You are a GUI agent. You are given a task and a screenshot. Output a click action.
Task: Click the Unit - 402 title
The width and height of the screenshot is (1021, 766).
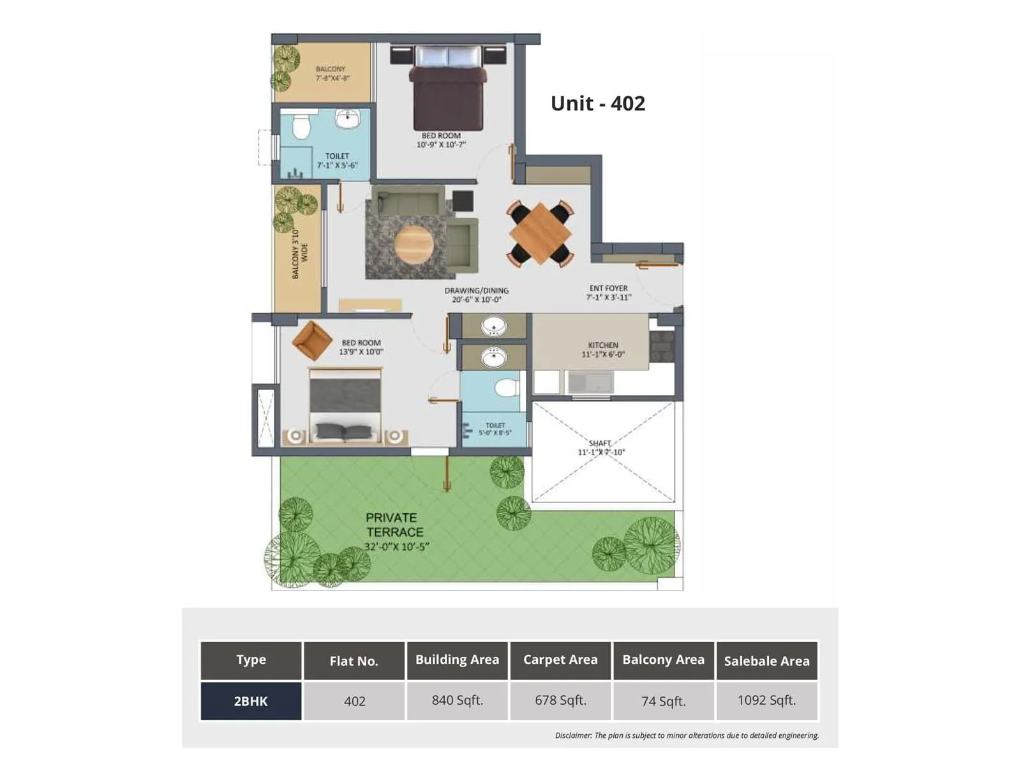point(597,103)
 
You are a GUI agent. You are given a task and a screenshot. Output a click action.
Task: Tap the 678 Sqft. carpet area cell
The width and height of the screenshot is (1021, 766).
point(560,700)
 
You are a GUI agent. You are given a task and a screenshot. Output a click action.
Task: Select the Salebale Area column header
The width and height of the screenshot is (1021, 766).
point(766,661)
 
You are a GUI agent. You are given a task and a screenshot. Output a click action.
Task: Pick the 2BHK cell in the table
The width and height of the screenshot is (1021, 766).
point(251,701)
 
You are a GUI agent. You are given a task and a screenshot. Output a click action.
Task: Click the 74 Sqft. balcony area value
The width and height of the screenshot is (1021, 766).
point(663,701)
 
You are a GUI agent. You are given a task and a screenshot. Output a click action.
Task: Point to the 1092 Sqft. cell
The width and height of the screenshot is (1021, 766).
point(766,700)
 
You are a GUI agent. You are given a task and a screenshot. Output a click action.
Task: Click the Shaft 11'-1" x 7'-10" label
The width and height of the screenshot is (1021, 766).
point(600,447)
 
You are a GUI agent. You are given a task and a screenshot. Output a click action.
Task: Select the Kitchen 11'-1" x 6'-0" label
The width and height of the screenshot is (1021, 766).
point(602,349)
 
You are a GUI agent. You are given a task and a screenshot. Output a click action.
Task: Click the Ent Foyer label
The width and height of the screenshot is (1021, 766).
point(608,292)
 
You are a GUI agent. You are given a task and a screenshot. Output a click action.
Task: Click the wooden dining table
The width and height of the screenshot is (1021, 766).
point(540,234)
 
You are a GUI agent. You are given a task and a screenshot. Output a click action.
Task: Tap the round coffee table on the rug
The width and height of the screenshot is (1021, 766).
point(414,244)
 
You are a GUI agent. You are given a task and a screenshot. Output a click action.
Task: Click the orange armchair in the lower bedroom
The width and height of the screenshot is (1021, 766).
point(311,340)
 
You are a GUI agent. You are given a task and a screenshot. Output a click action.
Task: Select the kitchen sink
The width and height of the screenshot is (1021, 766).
point(590,382)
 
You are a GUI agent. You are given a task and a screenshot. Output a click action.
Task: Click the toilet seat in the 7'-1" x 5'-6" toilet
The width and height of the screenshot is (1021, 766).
point(301,126)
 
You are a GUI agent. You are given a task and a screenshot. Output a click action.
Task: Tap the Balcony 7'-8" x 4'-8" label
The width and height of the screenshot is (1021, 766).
point(331,73)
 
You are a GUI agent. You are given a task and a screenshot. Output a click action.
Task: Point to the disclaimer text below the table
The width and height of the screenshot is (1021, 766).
point(687,735)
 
